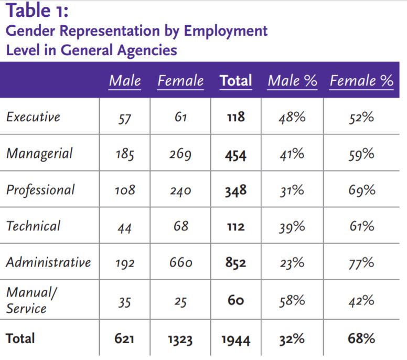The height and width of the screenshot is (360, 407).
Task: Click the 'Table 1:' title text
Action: (x=37, y=10)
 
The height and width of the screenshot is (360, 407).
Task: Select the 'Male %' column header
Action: (x=292, y=81)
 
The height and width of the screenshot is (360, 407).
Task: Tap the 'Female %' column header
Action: (x=361, y=81)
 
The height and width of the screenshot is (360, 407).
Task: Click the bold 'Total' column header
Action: (x=235, y=81)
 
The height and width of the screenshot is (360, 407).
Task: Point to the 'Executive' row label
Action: (x=33, y=117)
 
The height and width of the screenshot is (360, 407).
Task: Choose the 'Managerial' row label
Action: (x=39, y=154)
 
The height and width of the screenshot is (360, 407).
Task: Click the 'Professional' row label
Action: (x=40, y=190)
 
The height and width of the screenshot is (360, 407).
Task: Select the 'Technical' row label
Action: (x=33, y=226)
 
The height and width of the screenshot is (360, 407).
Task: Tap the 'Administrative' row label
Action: (x=48, y=262)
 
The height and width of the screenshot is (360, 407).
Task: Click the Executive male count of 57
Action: (x=124, y=118)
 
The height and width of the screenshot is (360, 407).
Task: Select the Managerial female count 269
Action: (x=180, y=154)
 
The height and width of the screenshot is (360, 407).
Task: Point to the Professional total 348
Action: (x=235, y=190)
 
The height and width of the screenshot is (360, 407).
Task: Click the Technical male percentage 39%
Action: (x=292, y=227)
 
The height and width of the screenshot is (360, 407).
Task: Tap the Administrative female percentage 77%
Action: (x=361, y=263)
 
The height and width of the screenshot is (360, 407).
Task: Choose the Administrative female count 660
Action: (x=180, y=263)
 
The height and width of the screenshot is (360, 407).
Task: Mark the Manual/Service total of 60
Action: (x=235, y=301)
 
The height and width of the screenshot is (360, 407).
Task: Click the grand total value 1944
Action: (x=235, y=340)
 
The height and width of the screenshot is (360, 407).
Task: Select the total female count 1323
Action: (x=180, y=340)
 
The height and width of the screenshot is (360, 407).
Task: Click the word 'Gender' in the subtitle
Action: (x=31, y=31)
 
